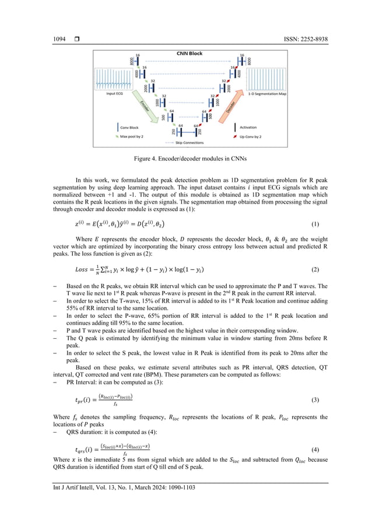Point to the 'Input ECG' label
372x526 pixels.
115,92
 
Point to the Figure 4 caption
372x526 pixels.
186,157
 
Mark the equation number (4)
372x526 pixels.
315,450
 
